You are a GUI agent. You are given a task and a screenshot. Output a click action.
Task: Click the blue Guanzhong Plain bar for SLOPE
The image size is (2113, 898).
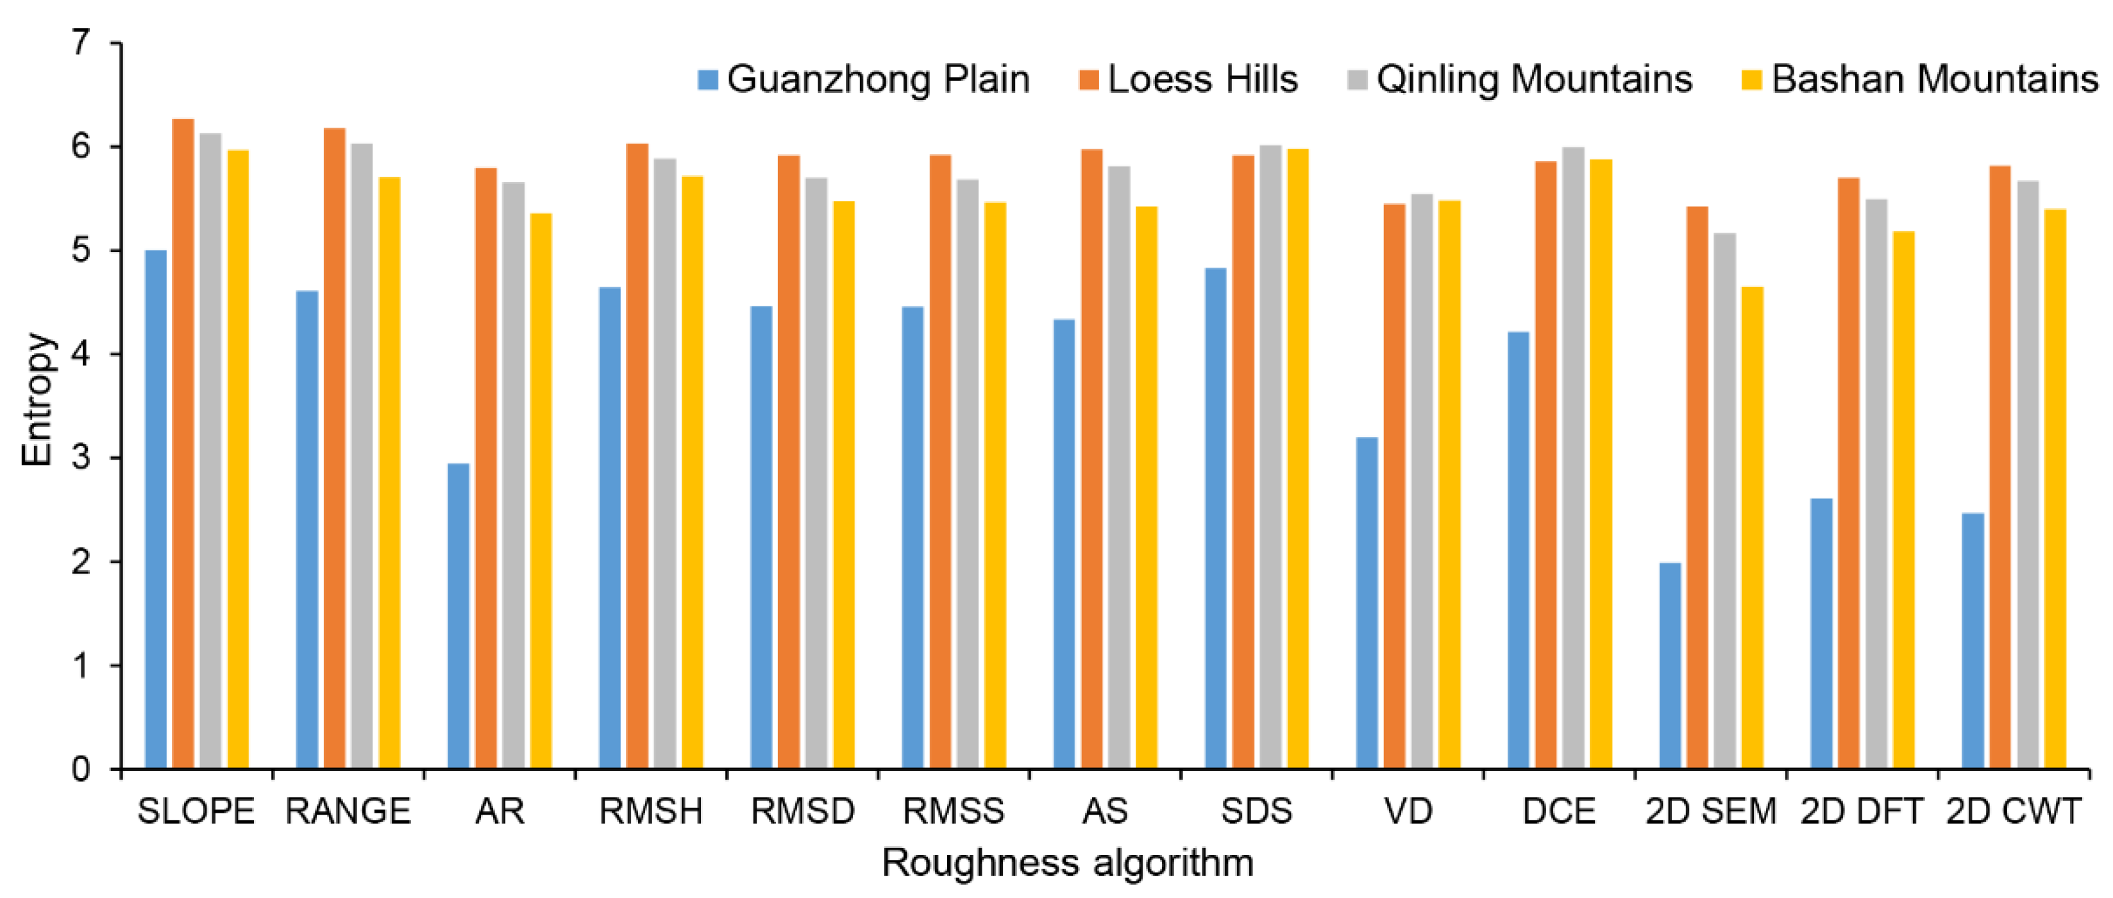[155, 508]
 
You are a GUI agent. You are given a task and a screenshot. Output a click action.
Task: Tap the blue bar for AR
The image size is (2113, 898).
[459, 615]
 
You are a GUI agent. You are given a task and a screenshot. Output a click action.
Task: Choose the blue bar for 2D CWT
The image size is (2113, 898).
[1973, 640]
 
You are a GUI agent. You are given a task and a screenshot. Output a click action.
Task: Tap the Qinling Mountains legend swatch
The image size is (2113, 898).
[1358, 79]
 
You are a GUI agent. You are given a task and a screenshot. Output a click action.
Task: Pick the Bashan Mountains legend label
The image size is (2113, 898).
[1934, 79]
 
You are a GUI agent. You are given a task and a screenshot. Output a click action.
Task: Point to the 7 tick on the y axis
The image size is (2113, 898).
[80, 43]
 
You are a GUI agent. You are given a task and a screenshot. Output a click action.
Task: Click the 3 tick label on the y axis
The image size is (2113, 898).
[80, 458]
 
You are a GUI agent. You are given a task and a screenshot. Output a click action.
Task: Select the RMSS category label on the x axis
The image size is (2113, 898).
[953, 811]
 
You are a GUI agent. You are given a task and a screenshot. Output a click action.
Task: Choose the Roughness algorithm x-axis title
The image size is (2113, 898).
[1067, 863]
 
